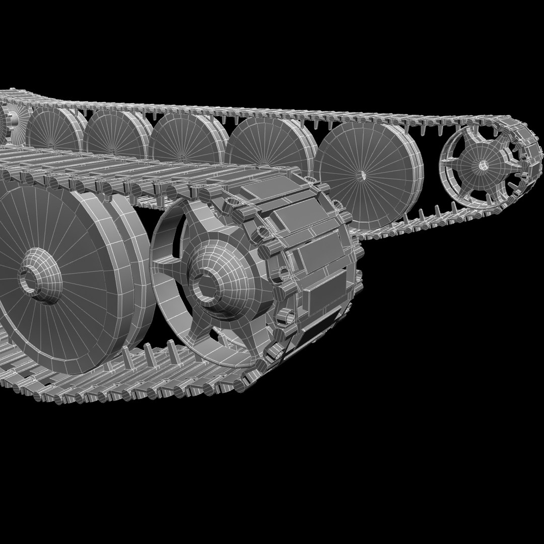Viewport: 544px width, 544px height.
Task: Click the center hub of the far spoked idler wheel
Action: pyautogui.click(x=483, y=165)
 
